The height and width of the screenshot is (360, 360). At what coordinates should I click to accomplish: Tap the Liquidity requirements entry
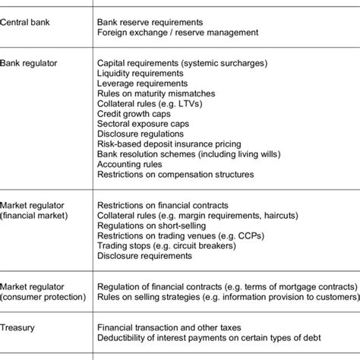[141, 74]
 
